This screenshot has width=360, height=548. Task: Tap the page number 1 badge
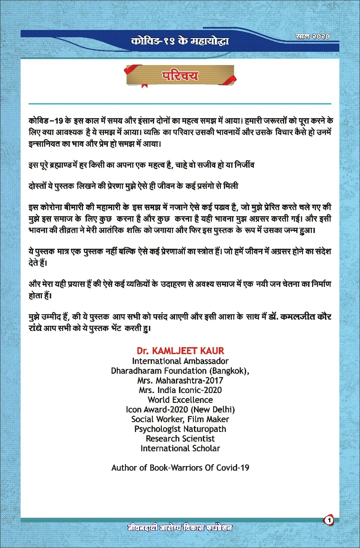329,520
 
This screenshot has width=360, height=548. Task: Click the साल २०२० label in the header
312,37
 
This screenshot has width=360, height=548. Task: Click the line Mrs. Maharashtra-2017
180,380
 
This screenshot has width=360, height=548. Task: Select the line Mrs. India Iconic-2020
180,390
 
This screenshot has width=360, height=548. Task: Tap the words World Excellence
180,400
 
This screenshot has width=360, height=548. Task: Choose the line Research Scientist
180,439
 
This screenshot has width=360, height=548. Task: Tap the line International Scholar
180,449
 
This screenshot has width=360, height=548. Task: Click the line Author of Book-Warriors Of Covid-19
180,468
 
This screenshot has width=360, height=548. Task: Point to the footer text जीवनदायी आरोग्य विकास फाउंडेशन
182,527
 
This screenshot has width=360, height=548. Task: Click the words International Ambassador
180,361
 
